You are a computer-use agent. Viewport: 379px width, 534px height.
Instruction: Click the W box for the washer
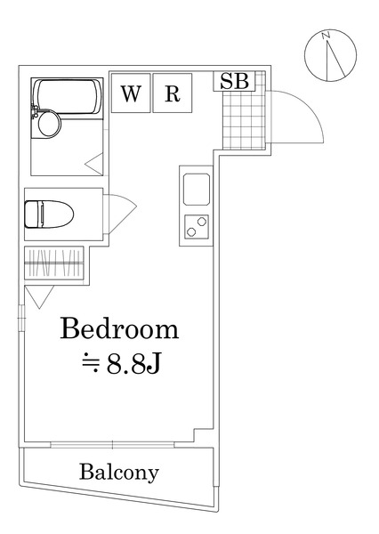point(131,94)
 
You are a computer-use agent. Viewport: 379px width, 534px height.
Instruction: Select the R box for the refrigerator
point(172,94)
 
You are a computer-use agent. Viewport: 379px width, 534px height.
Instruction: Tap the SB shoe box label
point(236,81)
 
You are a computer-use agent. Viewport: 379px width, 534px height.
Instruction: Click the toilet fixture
point(44,214)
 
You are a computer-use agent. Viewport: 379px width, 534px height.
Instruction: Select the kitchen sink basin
point(196,190)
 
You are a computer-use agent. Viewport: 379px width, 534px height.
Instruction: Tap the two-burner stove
point(196,226)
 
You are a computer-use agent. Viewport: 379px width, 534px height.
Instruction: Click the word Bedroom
point(119,330)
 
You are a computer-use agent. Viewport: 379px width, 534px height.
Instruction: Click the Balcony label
point(118,472)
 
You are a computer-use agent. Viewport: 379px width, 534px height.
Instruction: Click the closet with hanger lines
point(56,264)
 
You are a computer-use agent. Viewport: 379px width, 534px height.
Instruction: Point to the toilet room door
point(120,214)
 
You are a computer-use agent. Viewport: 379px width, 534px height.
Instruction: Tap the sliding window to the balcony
point(113,442)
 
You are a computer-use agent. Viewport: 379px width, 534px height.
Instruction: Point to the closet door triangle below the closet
point(37,296)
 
